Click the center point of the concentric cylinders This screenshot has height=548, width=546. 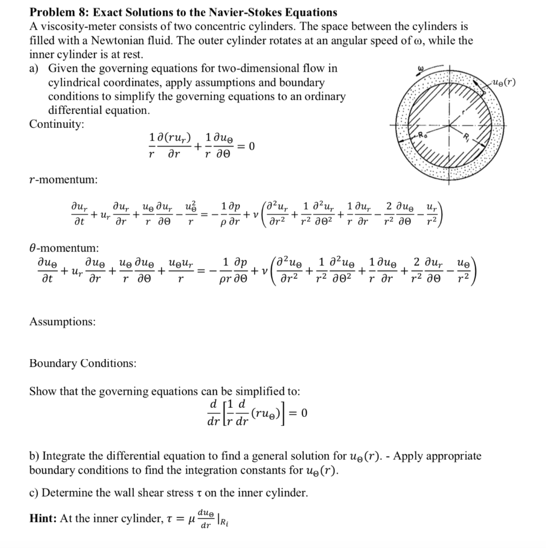tap(451, 127)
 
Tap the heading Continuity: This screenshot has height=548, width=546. tap(57, 124)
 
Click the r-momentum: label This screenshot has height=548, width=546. tap(63, 180)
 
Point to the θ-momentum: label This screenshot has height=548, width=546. tap(63, 247)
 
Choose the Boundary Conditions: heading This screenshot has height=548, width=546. tap(82, 363)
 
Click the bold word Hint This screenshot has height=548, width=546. tap(42, 517)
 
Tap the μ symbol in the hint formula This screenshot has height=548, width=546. tap(189, 519)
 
